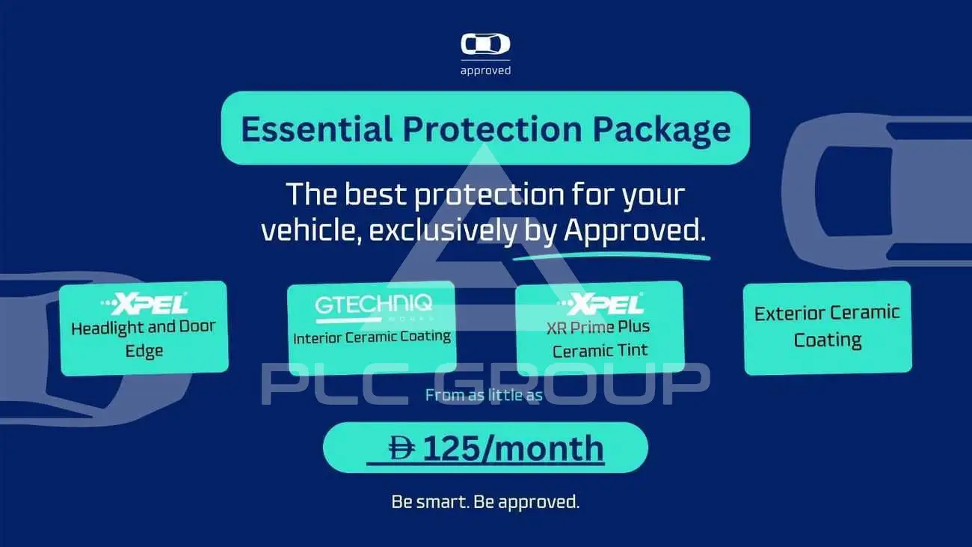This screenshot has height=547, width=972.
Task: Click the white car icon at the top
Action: (x=485, y=44)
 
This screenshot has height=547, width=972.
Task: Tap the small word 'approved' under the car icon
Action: (x=485, y=70)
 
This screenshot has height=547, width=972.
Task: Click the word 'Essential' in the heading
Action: (x=317, y=129)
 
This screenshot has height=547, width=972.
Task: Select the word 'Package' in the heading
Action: (x=662, y=130)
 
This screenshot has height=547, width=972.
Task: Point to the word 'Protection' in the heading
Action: (x=493, y=129)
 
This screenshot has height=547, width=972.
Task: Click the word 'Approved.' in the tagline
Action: (x=635, y=230)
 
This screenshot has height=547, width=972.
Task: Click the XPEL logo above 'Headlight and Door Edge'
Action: (x=144, y=303)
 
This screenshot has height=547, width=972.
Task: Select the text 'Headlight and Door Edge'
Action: (x=144, y=339)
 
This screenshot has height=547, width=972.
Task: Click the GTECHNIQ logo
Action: (x=374, y=308)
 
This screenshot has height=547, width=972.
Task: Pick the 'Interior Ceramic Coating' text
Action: (x=372, y=337)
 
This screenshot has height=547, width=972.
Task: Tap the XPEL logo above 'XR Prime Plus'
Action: (x=600, y=303)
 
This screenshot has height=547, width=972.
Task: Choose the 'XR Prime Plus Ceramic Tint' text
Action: (x=599, y=339)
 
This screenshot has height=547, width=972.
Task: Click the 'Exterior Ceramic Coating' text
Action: (x=827, y=327)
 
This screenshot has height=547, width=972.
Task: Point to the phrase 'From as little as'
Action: (x=484, y=395)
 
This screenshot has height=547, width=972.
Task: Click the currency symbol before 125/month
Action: (x=402, y=447)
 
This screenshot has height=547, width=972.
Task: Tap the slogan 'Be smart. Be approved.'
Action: (x=485, y=502)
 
